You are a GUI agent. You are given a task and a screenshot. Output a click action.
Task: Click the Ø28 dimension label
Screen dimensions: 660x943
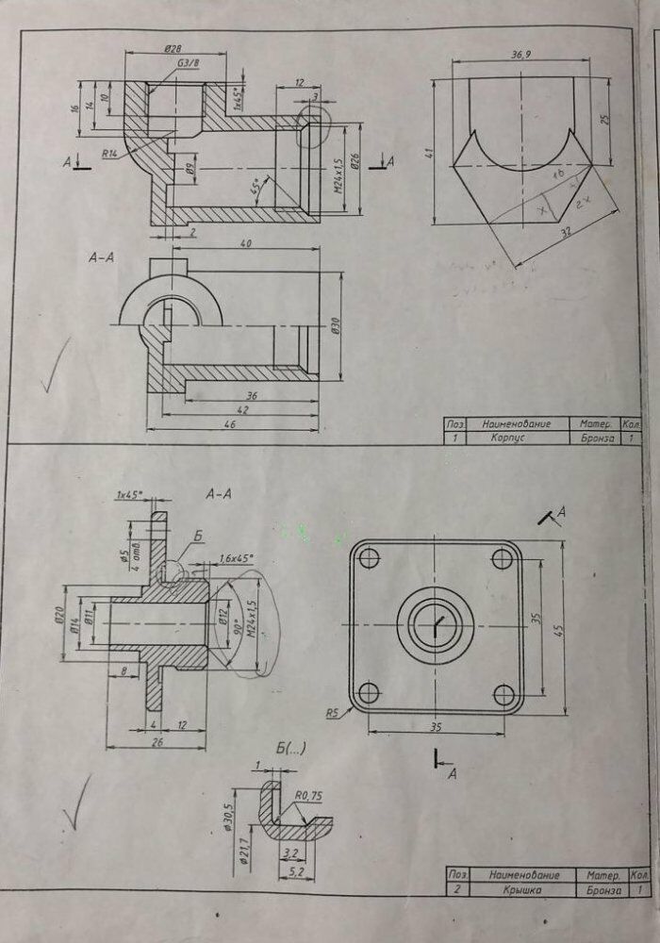173,48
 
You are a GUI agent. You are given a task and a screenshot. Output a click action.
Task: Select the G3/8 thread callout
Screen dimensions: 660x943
189,63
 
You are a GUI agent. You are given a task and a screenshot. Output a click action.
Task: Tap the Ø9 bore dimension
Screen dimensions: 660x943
189,171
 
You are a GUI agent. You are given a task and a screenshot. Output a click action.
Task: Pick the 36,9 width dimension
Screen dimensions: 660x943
520,56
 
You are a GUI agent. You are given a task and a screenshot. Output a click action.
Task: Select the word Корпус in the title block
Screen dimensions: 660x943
509,438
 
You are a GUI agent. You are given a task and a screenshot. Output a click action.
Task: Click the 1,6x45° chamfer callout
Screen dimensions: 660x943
235,558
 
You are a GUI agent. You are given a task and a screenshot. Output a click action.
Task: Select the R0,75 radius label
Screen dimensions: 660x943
308,795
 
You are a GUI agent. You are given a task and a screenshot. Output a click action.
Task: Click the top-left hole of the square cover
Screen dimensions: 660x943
369,558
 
